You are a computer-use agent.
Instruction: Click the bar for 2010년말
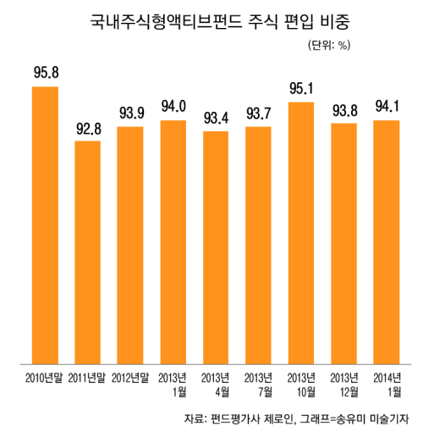click(45, 225)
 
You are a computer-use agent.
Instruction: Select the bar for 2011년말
click(88, 252)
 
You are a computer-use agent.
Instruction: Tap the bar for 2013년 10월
click(301, 233)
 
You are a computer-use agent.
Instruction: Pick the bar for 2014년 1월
click(387, 242)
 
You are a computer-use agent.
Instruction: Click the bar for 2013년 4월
click(216, 247)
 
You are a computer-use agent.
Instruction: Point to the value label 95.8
click(47, 72)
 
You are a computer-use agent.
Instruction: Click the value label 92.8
click(89, 129)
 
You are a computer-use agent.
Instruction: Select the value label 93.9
click(132, 113)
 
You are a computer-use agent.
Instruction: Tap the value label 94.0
click(173, 107)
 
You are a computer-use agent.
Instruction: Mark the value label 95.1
click(301, 88)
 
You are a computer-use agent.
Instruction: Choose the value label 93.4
click(217, 118)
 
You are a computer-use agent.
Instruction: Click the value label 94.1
click(387, 107)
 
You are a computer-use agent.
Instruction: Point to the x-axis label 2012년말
click(130, 378)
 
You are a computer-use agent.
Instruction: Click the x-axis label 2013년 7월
click(258, 385)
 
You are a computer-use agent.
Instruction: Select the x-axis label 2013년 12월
click(344, 385)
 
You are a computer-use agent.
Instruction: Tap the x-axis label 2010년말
click(44, 378)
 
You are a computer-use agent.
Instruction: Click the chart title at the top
click(220, 22)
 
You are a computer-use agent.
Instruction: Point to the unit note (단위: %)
click(329, 45)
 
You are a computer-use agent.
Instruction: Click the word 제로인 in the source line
click(280, 418)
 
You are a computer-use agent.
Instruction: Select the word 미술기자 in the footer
click(389, 418)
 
